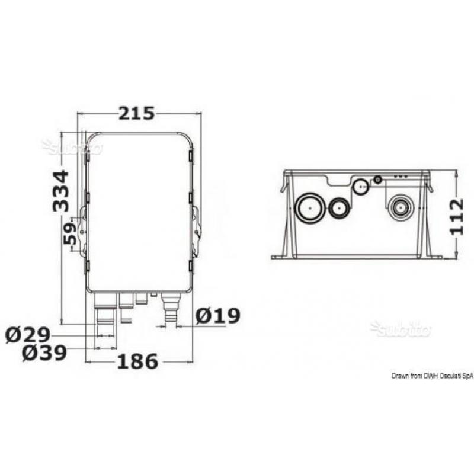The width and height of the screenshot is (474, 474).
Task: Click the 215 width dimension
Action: point(136,114)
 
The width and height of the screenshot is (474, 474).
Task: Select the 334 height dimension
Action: point(61,191)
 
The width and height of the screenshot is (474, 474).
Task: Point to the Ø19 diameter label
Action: point(218,316)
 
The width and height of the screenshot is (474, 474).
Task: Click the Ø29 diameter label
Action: point(28,335)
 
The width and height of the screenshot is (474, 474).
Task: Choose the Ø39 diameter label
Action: point(44,353)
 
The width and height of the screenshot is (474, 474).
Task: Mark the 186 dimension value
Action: point(137,361)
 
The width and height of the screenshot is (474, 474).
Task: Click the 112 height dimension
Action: point(456,216)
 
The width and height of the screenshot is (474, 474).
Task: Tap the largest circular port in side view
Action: point(310,208)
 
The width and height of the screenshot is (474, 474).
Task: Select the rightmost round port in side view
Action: point(401,208)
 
